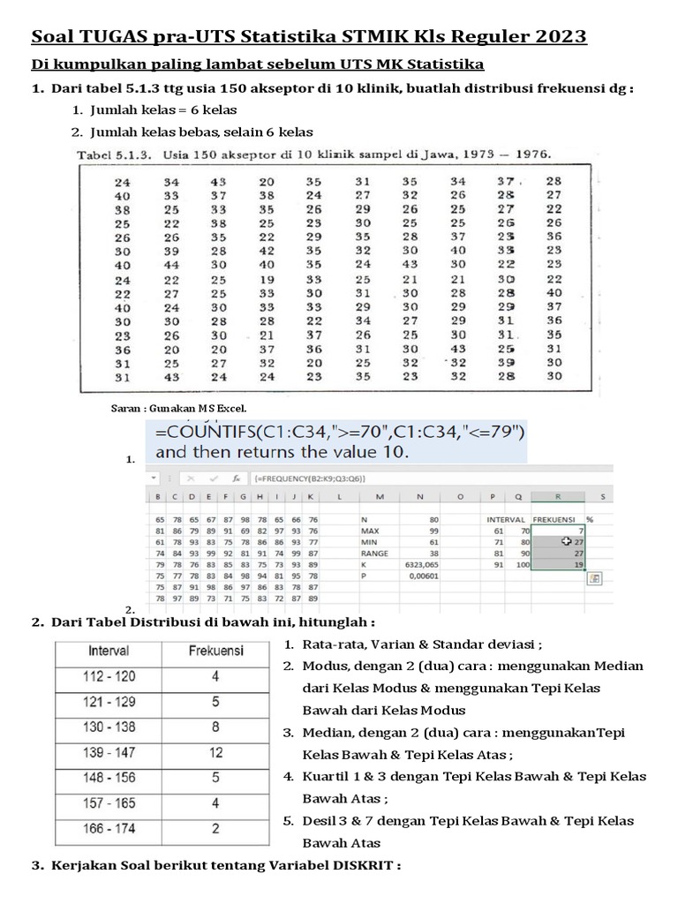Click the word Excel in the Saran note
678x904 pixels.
pos(231,409)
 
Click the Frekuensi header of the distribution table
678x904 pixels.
pos(216,651)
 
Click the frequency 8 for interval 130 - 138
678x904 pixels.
pos(216,728)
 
